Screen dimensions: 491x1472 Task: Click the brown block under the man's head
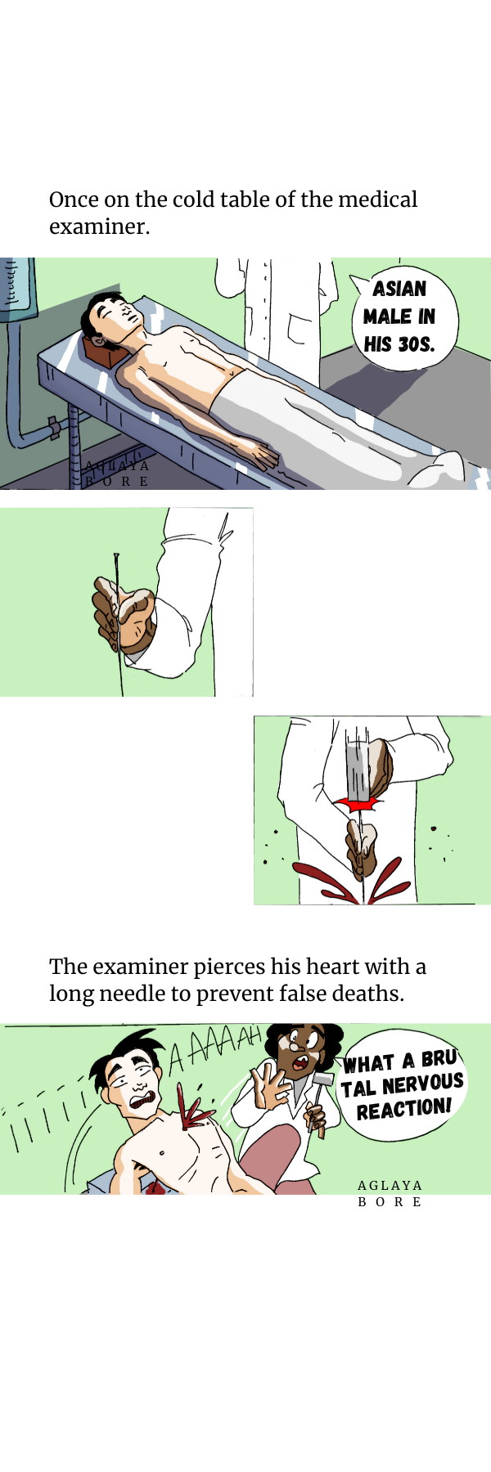103,353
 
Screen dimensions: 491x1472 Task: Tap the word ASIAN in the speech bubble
399,289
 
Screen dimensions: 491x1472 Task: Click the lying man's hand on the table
262,455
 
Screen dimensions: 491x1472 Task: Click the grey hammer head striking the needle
358,773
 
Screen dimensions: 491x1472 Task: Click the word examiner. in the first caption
100,227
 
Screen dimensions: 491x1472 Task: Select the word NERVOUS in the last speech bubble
422,1084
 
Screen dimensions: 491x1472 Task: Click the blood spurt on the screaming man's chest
194,1113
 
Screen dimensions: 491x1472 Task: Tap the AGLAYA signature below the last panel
390,1185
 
